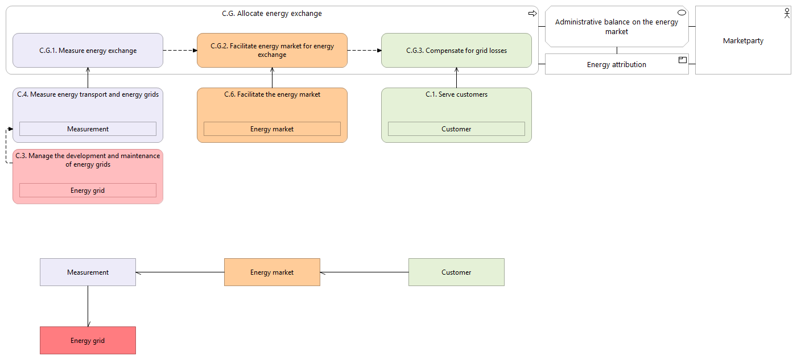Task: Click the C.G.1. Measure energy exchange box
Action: tap(88, 50)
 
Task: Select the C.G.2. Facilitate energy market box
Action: tap(272, 50)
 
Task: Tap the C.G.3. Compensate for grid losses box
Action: tap(456, 50)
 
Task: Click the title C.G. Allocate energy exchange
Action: tap(272, 14)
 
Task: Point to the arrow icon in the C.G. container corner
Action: tap(532, 14)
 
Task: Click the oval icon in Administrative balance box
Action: tap(682, 13)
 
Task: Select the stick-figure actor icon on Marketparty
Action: tap(787, 14)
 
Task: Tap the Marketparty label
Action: tap(743, 41)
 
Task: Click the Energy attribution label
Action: tap(617, 64)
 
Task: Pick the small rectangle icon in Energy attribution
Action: tap(683, 60)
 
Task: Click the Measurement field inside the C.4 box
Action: tap(88, 129)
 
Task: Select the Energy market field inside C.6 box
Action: tap(272, 129)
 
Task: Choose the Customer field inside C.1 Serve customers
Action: tap(456, 129)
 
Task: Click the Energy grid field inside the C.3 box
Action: tap(88, 191)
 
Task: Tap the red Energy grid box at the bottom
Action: tap(88, 341)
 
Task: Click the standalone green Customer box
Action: tap(456, 272)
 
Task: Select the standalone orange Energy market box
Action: tap(272, 272)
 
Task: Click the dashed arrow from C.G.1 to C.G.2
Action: tap(180, 50)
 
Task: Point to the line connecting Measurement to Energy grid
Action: tap(88, 307)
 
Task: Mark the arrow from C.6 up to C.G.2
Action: tap(272, 77)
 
